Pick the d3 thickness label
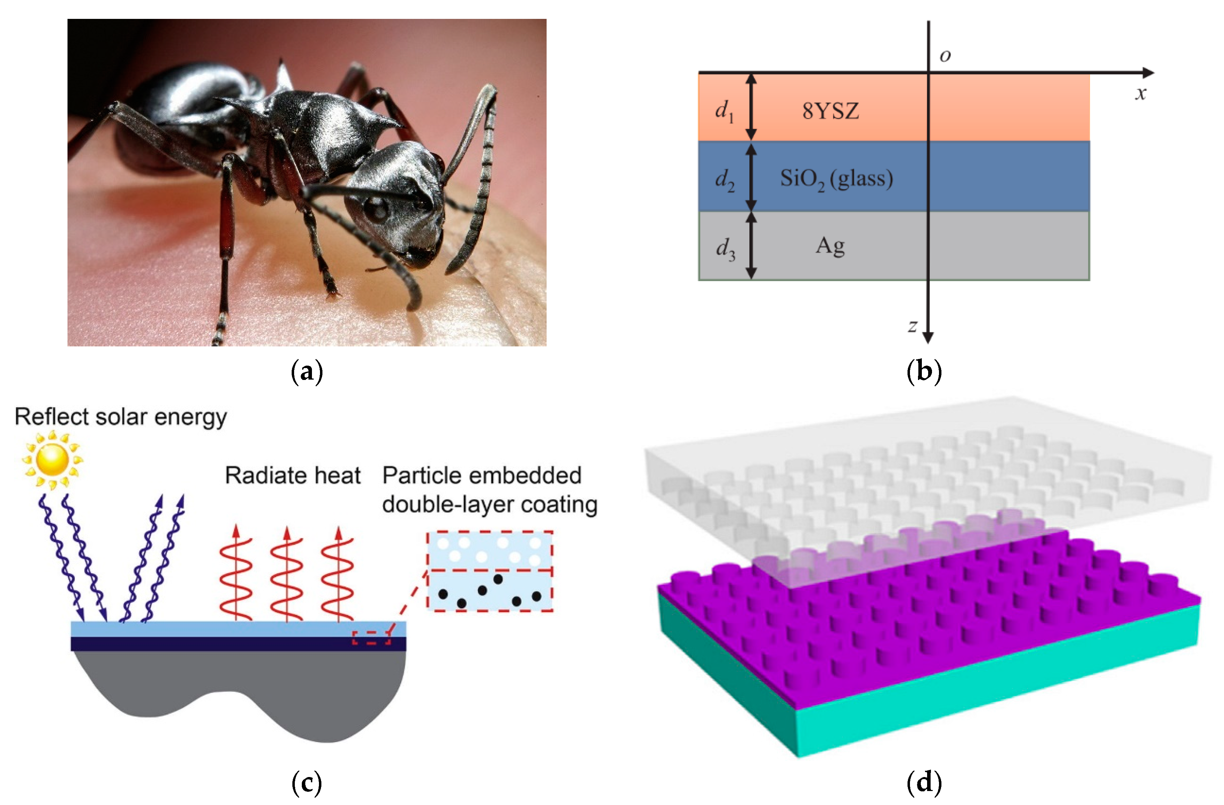[725, 249]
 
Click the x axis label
[1141, 94]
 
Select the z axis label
[912, 326]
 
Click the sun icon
[52, 459]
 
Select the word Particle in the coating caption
[421, 475]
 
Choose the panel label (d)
[924, 782]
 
